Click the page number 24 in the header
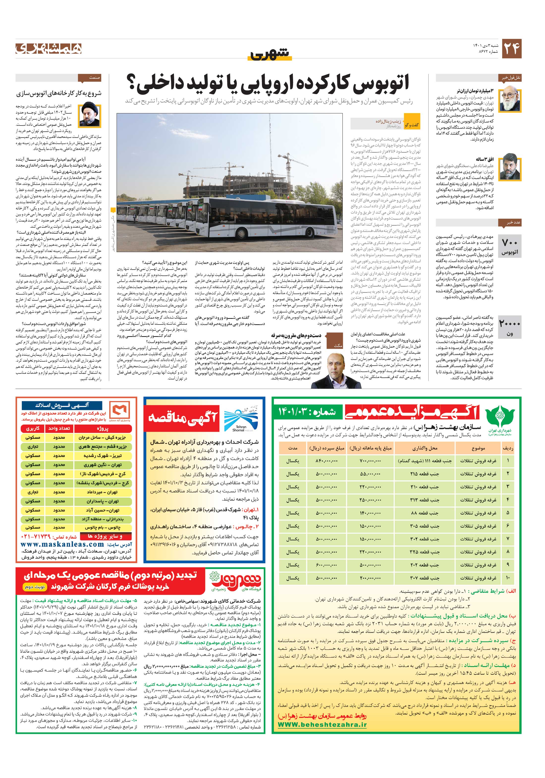pos(511,49)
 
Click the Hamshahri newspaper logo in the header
pos(49,49)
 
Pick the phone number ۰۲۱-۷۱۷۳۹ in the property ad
pos(36,537)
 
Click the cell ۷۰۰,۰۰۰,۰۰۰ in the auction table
pos(370,461)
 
